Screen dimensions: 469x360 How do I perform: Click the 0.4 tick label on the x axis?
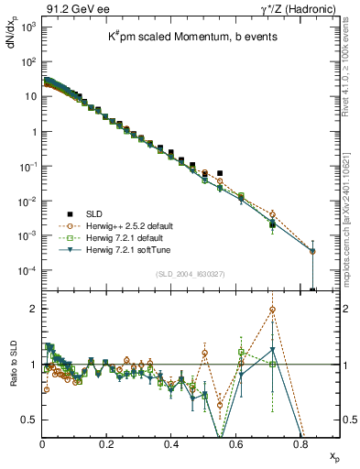171,443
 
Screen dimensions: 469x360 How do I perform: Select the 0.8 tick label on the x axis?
300,443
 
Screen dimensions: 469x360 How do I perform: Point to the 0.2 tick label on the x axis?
107,443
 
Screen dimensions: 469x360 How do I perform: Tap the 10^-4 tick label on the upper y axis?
27,271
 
